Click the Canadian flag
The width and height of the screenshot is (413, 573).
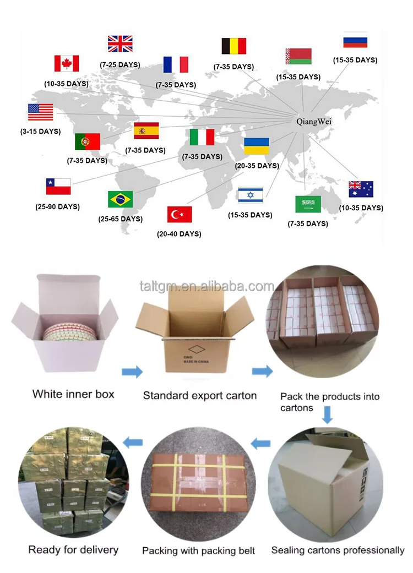pos(67,63)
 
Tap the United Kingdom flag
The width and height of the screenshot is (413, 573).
pos(120,43)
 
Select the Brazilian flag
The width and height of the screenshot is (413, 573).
pos(120,199)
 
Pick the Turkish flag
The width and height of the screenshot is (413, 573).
pos(180,214)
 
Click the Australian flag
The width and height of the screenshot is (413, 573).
pos(361,189)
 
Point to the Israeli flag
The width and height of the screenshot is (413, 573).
pos(250,195)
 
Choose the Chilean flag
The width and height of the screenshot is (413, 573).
pos(58,187)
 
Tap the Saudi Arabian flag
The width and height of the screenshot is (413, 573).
pos(308,204)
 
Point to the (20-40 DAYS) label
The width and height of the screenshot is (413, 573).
pos(179,234)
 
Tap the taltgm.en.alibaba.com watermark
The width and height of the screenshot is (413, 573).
pos(206,286)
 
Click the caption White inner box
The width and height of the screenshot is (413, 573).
pos(73,394)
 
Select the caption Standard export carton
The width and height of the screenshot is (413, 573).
pos(200,395)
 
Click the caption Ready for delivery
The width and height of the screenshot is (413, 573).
pos(73,549)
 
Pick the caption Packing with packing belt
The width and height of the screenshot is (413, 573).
pos(199,550)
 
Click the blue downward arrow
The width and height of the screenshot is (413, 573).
pos(328,415)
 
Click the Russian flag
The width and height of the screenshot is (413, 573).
pos(355,41)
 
